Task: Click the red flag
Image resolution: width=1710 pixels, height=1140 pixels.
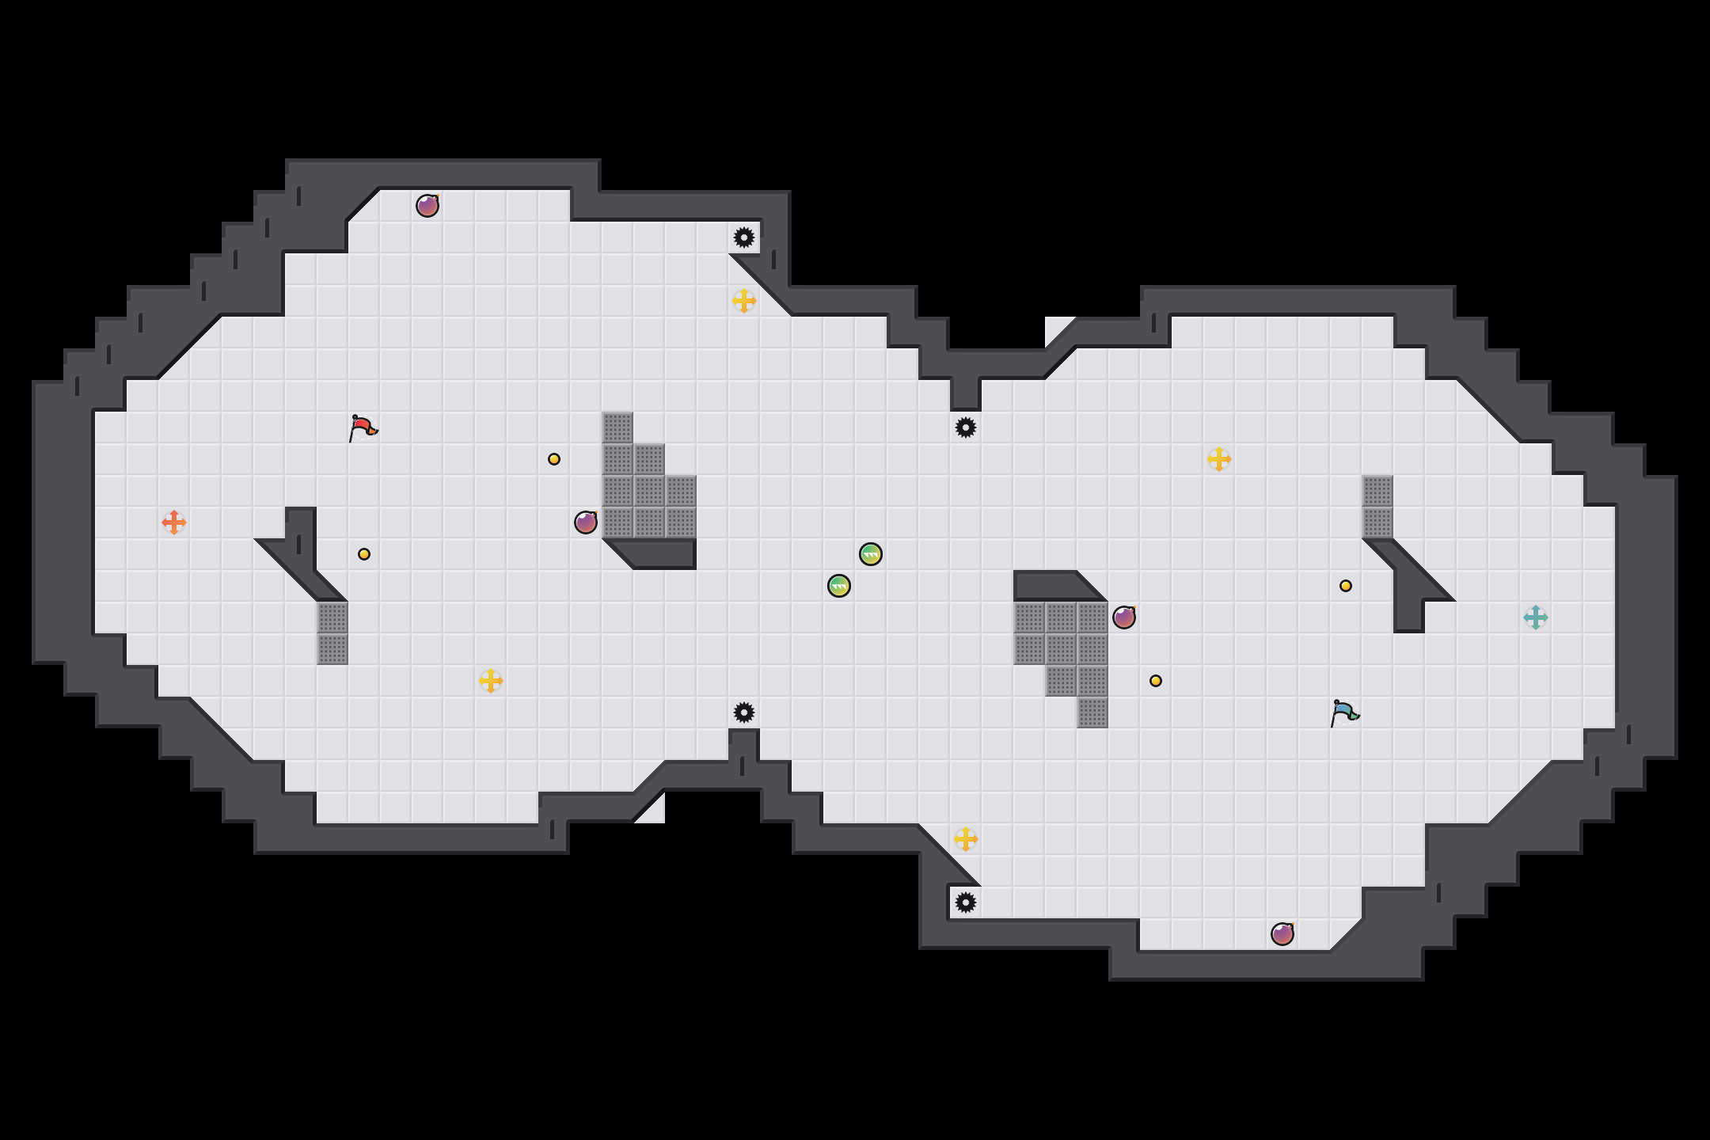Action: tap(363, 427)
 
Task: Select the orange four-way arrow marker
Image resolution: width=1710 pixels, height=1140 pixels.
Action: tap(174, 522)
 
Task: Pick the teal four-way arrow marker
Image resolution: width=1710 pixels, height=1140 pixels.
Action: tap(1536, 617)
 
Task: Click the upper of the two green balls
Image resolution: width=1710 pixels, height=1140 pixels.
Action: tap(871, 554)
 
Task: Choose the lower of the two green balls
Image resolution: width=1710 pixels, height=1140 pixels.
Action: tap(839, 586)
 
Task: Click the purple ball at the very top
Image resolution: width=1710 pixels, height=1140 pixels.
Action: tap(427, 206)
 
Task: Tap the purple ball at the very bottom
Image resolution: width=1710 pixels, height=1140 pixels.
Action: tap(1282, 934)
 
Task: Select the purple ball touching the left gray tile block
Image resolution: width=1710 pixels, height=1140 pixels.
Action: tap(586, 522)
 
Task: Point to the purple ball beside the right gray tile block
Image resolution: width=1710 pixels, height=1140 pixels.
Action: tap(1124, 617)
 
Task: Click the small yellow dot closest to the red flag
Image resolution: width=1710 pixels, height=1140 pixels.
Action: tap(364, 554)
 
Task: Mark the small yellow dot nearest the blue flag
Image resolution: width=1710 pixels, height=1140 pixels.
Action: tap(1346, 586)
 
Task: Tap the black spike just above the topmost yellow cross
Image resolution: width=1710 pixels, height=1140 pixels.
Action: tap(744, 237)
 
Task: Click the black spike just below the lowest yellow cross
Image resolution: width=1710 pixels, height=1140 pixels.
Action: tap(966, 902)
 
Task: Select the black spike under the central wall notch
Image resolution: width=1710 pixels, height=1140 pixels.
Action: tap(966, 427)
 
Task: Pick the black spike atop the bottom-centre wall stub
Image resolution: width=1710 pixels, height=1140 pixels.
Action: tap(744, 712)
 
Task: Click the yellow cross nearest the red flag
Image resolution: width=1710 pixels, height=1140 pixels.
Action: tap(491, 681)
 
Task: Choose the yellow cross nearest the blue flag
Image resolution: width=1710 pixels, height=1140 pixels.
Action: tap(1219, 459)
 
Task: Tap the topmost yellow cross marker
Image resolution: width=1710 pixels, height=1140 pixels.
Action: tap(744, 301)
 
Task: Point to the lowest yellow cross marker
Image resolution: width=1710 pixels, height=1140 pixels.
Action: tap(966, 839)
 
